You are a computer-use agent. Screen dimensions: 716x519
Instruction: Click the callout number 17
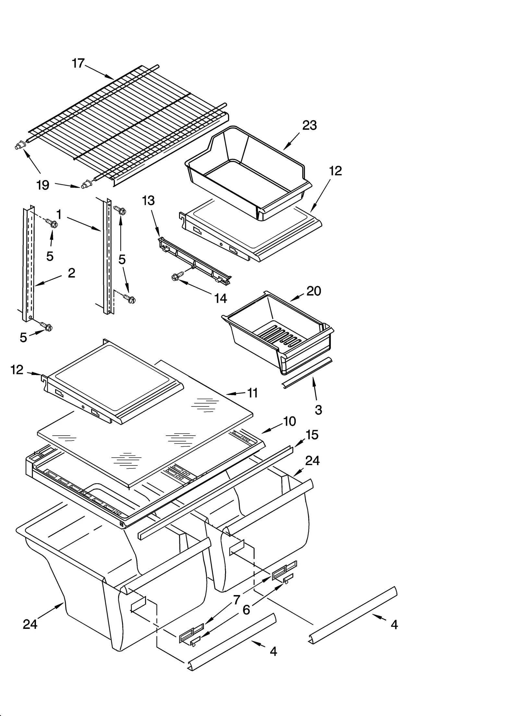click(78, 64)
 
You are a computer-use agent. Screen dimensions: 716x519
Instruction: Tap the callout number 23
click(309, 125)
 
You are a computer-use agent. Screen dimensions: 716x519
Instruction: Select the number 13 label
click(148, 201)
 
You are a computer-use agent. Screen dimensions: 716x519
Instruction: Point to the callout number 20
click(314, 291)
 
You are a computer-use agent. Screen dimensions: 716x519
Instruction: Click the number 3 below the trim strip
click(318, 410)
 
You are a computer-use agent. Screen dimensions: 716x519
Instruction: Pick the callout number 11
click(252, 393)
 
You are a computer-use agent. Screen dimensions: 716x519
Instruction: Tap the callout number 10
click(289, 421)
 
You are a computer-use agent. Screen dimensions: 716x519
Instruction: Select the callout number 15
click(312, 435)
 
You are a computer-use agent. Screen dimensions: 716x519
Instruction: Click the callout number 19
click(43, 185)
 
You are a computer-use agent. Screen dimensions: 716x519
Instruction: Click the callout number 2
click(71, 273)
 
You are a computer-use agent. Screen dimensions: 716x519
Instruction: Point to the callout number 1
click(59, 214)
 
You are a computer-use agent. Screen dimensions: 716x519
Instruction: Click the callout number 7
click(237, 600)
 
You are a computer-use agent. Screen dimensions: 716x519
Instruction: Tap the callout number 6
click(246, 610)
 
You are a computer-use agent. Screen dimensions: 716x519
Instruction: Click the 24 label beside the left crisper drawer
click(30, 624)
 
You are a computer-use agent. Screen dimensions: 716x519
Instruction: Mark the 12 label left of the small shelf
click(17, 370)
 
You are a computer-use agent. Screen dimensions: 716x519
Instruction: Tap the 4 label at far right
click(394, 624)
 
